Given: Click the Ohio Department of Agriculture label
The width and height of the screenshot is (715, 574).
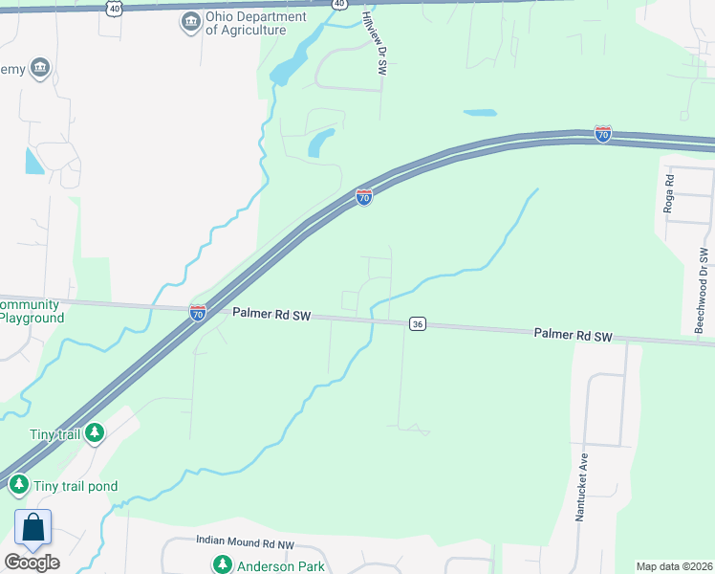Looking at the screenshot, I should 255,23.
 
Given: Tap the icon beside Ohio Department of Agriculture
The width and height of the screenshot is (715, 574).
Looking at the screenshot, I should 191,22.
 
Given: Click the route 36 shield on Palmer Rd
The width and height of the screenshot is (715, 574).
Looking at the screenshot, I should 417,324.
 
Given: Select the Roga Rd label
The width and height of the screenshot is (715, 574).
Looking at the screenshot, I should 669,193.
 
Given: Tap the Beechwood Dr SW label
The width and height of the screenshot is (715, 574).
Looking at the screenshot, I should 703,290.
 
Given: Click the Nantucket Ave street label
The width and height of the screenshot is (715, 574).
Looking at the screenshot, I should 580,488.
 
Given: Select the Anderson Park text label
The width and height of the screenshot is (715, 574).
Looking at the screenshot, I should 281,565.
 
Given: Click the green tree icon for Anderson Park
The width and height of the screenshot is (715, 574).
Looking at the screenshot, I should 223,564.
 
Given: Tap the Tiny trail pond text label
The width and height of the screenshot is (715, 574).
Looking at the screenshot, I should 76,486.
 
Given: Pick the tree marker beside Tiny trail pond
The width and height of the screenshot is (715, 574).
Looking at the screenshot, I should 19,486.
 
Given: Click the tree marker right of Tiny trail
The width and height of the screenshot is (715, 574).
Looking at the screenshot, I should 94,434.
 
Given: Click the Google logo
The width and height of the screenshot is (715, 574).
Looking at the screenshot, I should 32,563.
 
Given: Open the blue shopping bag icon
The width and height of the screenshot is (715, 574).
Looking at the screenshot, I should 32,528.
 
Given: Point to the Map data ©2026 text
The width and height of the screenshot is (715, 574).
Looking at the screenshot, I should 675,566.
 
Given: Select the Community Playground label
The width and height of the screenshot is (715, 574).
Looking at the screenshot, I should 32,312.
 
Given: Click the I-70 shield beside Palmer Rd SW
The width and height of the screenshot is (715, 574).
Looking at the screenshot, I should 198,312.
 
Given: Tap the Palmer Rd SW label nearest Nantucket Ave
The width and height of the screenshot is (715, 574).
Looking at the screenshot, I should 573,335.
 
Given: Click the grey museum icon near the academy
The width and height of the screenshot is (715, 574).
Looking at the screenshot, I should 40,67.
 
